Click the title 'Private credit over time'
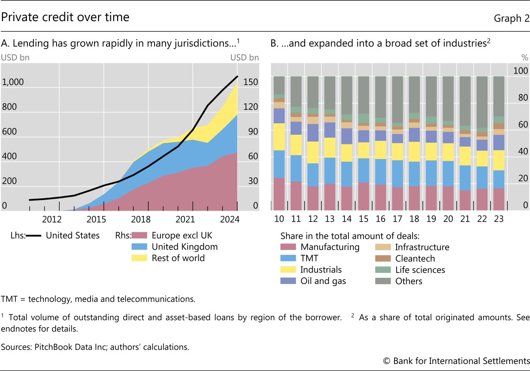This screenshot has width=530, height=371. [65, 17]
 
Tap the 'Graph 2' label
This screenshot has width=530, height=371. [511, 18]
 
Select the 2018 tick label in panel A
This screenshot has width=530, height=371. [140, 219]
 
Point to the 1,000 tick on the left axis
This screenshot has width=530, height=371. [13, 82]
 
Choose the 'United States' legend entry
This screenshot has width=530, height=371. [72, 235]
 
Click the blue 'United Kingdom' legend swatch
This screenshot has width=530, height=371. [141, 247]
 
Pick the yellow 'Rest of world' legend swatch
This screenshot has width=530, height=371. [141, 258]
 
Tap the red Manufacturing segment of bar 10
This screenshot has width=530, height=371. [279, 193]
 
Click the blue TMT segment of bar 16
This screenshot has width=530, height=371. [380, 171]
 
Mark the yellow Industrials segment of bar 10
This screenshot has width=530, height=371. [279, 136]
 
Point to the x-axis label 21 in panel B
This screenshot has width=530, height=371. [465, 219]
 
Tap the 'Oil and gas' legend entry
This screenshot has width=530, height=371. [323, 281]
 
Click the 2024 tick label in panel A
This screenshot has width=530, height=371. [230, 219]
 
